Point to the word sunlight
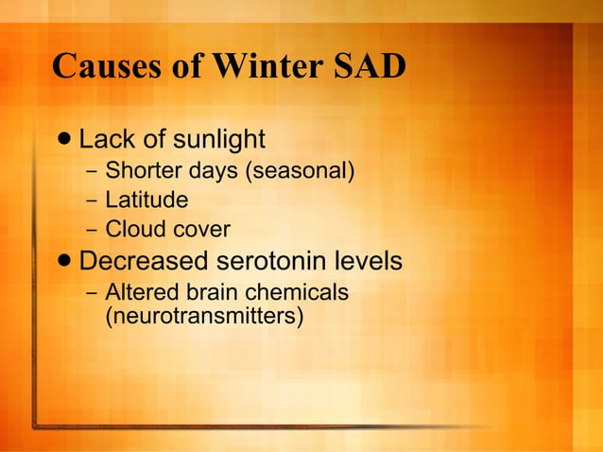[x=217, y=140]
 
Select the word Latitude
[x=146, y=200]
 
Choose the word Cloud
[x=131, y=230]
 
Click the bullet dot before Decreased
[x=63, y=261]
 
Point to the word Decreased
[x=147, y=260]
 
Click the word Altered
[x=137, y=291]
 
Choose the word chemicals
[x=294, y=291]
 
